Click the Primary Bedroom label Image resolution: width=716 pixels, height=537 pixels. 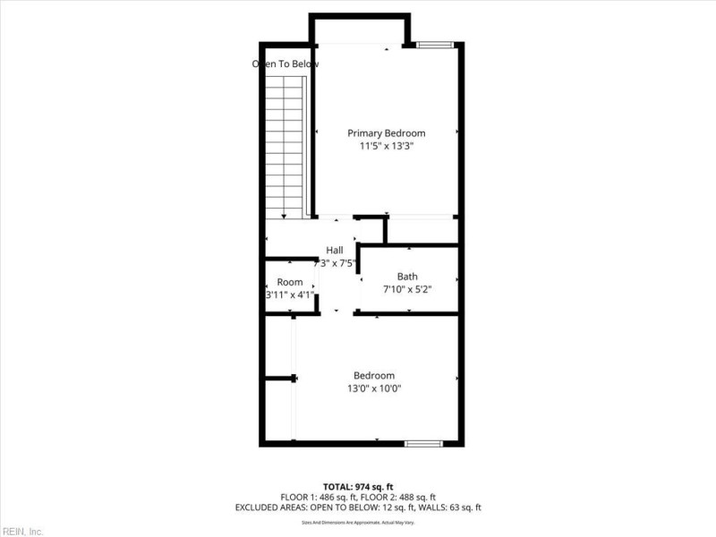click(x=386, y=133)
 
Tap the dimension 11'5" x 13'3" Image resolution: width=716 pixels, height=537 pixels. click(x=386, y=146)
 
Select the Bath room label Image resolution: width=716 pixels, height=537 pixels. click(x=407, y=277)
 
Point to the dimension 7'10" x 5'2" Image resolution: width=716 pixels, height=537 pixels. click(x=407, y=289)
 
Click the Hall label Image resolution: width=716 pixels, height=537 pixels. click(x=335, y=251)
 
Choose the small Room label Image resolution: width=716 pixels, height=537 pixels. click(x=289, y=283)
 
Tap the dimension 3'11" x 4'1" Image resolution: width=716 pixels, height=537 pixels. click(x=289, y=294)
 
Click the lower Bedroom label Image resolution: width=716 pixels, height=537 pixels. click(x=374, y=376)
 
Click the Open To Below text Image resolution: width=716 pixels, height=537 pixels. click(x=286, y=64)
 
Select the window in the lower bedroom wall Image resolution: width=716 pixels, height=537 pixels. click(x=422, y=443)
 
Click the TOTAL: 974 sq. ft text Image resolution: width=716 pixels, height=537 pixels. click(x=357, y=485)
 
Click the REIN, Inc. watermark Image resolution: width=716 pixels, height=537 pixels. click(x=21, y=532)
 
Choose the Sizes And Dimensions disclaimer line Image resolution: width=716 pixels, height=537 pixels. click(x=357, y=522)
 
